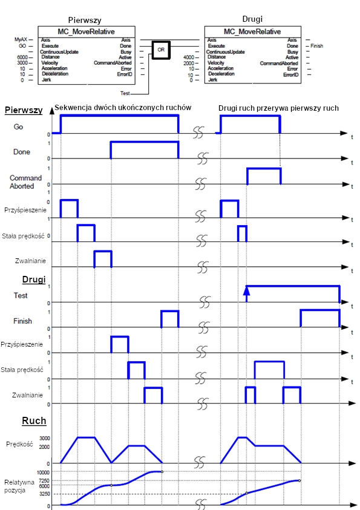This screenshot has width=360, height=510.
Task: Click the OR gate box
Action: pyautogui.click(x=161, y=50)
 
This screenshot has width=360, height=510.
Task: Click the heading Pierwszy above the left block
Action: pyautogui.click(x=85, y=20)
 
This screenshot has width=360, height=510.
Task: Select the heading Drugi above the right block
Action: pyautogui.click(x=252, y=19)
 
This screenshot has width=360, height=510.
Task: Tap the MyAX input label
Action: pyautogui.click(x=21, y=39)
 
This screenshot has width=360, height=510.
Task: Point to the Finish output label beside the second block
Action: pyautogui.click(x=317, y=46)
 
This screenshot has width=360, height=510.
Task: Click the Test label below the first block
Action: pyautogui.click(x=125, y=93)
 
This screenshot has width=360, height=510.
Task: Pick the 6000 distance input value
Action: pyautogui.click(x=22, y=57)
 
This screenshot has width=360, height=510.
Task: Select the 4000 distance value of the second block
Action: pyautogui.click(x=189, y=57)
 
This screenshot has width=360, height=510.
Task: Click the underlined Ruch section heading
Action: pyautogui.click(x=34, y=421)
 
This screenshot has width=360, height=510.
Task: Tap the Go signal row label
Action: pyautogui.click(x=18, y=126)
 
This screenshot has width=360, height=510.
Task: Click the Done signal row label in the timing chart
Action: pyautogui.click(x=21, y=152)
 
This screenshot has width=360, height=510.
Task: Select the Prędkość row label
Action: pyautogui.click(x=19, y=444)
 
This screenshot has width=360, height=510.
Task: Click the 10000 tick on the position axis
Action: pyautogui.click(x=43, y=472)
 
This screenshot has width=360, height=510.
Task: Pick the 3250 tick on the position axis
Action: pyautogui.click(x=45, y=494)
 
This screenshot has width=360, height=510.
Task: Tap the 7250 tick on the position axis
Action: pyautogui.click(x=44, y=481)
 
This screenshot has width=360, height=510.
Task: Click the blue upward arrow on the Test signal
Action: pyautogui.click(x=246, y=293)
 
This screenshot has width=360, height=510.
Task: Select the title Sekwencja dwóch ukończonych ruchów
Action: pyautogui.click(x=123, y=108)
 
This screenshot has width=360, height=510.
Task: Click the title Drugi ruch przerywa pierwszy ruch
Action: pyautogui.click(x=278, y=108)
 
